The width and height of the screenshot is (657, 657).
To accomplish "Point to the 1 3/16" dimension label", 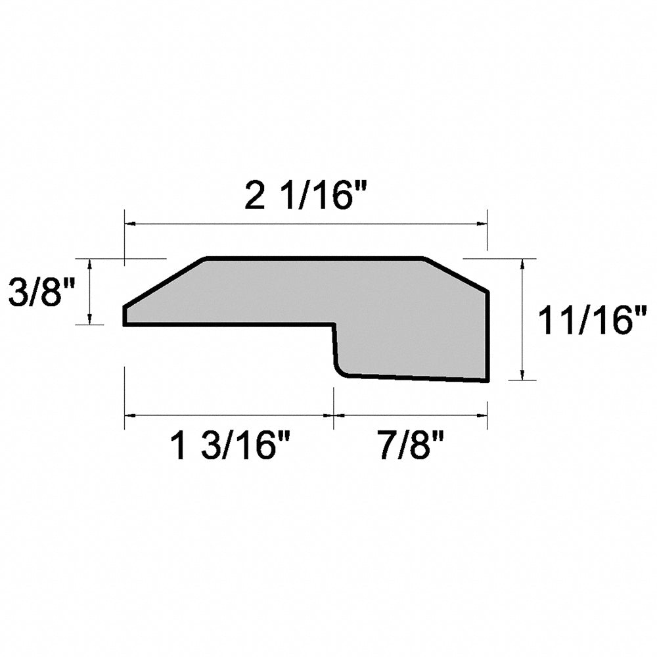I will pos(231,448).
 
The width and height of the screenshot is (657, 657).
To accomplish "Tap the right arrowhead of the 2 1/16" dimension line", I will pos(482,225).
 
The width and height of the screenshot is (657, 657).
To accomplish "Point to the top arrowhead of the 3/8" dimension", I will pos(89,263).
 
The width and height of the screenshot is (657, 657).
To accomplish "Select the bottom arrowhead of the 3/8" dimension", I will pos(89,319).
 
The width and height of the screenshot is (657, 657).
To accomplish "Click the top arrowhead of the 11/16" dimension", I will pos(522,263).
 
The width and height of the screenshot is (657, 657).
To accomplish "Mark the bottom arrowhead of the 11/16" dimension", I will pos(522,375).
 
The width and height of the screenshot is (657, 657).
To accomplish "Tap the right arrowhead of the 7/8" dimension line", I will pos(482,415).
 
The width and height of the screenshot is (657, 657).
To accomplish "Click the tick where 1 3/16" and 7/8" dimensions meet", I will pos(334,415).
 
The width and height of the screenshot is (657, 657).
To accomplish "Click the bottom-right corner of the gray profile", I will pos(487,380).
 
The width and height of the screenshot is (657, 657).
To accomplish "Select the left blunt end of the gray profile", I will pos(125,315).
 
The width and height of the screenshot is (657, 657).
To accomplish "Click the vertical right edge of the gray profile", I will pos(487,335).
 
